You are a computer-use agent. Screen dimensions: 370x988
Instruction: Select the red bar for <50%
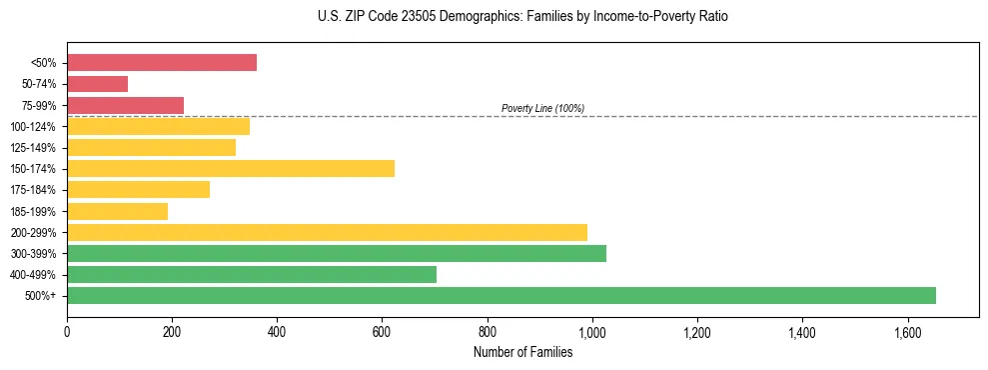tap(162, 63)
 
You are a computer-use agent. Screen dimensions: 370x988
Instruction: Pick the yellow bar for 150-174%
tap(231, 168)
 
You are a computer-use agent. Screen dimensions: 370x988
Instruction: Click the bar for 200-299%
tap(327, 232)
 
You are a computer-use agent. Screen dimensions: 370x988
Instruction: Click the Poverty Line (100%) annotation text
tap(542, 108)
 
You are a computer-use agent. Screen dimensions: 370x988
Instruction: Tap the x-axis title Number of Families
tap(522, 352)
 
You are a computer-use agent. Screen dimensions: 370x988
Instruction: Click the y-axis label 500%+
tap(41, 296)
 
